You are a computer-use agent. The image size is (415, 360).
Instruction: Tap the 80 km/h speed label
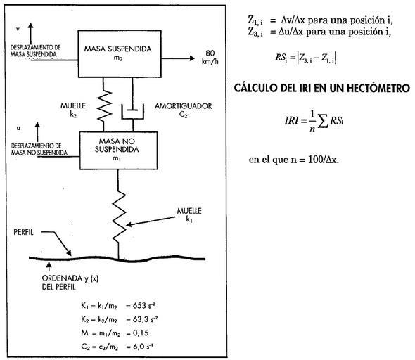210,57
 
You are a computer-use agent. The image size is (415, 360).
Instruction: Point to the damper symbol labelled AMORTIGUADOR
133,111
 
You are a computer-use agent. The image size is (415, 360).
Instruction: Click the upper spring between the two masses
104,105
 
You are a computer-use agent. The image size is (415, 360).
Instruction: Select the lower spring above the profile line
119,214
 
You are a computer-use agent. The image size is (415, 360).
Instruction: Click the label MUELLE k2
73,110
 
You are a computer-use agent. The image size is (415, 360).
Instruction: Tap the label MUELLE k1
189,214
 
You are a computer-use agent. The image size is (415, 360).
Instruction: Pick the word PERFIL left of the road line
23,232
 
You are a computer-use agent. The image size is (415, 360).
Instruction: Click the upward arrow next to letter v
31,34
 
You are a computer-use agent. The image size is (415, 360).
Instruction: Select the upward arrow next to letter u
37,132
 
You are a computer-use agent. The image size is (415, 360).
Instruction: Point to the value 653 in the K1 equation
139,306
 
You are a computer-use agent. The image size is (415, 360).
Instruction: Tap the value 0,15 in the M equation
141,333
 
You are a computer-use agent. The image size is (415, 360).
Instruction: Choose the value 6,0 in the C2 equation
139,347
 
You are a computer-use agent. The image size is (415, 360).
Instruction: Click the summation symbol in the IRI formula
323,122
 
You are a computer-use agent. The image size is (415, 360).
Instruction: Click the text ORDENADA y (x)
70,278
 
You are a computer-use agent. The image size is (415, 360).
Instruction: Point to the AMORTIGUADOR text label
183,106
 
